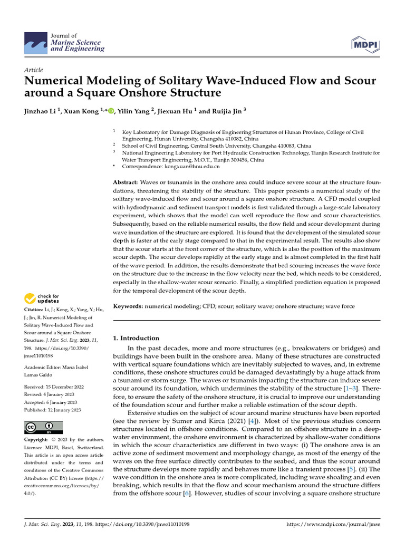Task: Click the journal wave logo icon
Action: click(36, 42)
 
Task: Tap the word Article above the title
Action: click(34, 70)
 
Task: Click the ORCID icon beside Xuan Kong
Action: click(111, 111)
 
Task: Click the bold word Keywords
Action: click(129, 306)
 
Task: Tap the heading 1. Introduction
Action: click(136, 338)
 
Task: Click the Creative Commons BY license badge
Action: click(43, 427)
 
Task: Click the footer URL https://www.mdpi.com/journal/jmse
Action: click(332, 525)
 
